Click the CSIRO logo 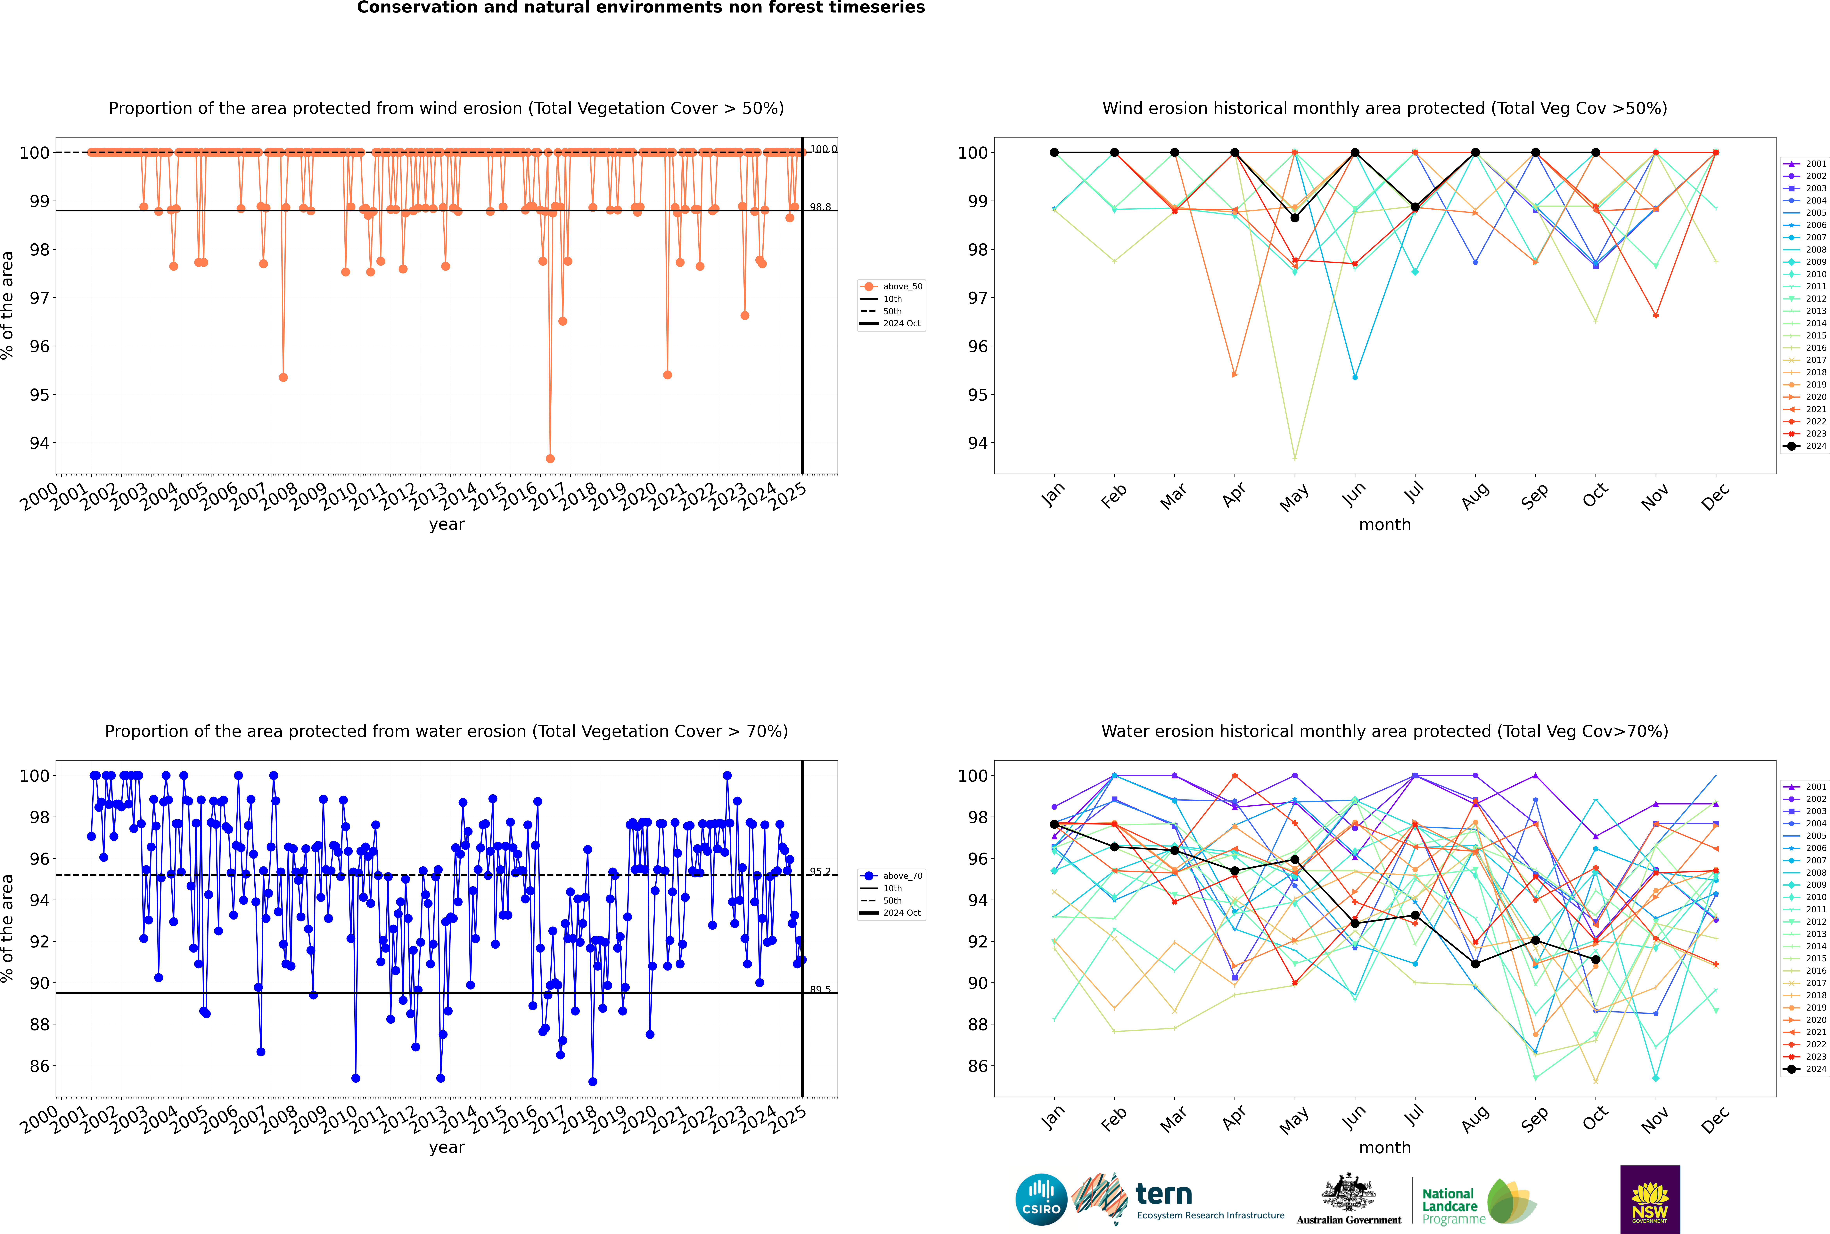[1041, 1199]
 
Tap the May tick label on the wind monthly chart [1294, 497]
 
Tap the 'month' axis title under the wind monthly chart [1385, 525]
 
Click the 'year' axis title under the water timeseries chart [447, 1147]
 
